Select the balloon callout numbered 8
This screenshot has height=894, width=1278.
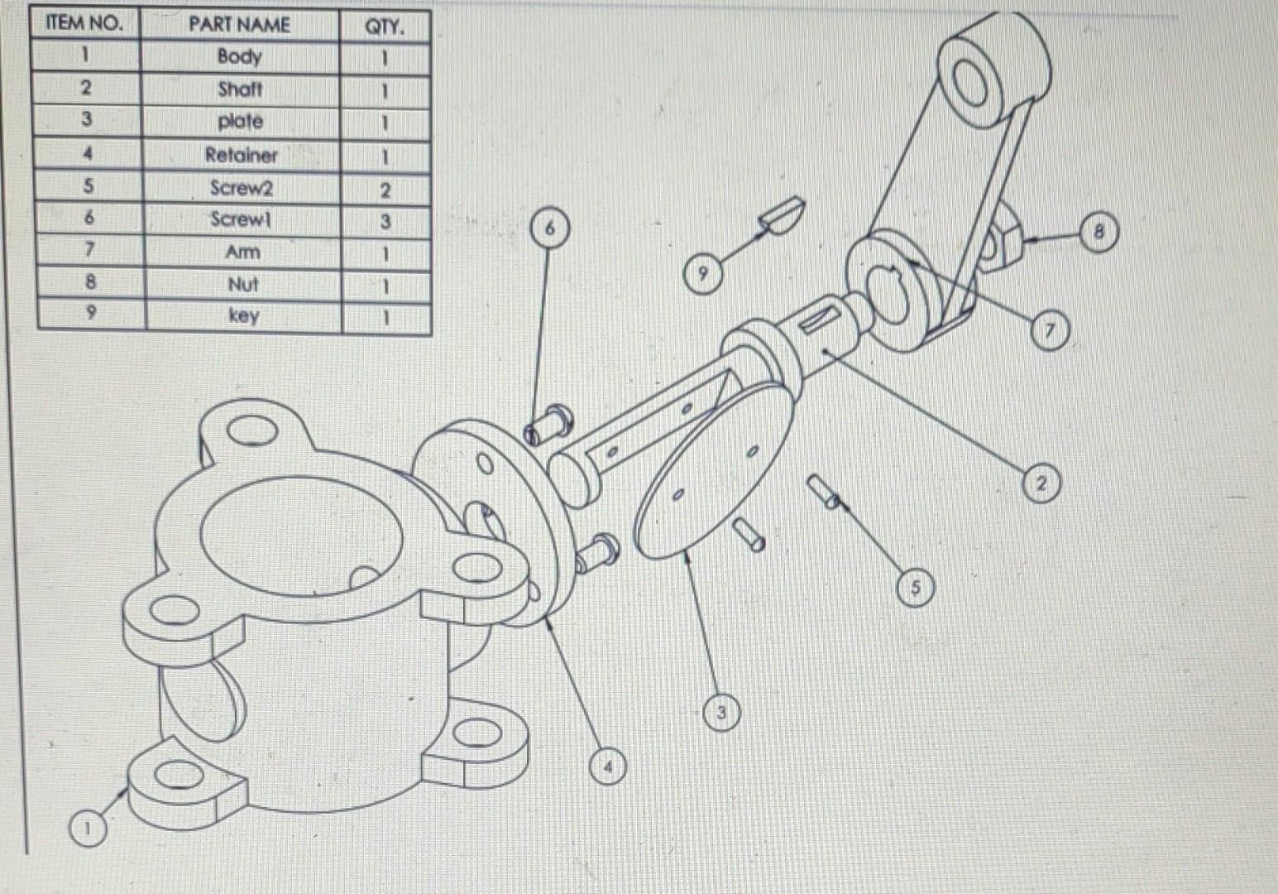tap(1099, 233)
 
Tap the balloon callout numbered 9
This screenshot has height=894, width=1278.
tap(702, 272)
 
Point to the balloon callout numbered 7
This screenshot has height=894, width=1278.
tap(1049, 331)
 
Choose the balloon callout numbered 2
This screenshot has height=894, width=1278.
tap(1041, 483)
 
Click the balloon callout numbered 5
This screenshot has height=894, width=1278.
tap(916, 588)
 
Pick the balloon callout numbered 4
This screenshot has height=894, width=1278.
tap(609, 767)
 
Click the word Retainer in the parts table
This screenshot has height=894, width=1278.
tap(241, 155)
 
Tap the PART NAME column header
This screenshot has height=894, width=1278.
tap(239, 24)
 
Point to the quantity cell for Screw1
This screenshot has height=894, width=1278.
tap(385, 221)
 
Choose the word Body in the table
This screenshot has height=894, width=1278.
tap(239, 56)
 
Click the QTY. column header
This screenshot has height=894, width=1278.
tap(385, 26)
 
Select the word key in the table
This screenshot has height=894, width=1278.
tap(242, 315)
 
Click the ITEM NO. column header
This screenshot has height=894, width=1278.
tap(84, 23)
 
